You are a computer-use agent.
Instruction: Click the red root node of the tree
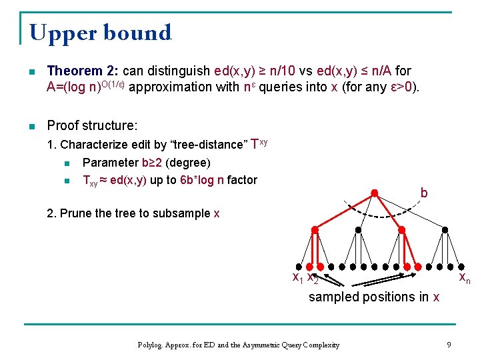[x=375, y=194]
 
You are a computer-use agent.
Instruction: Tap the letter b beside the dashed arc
[x=424, y=193]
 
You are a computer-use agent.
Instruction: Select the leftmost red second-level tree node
[x=314, y=229]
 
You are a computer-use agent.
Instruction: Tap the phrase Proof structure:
[x=92, y=125]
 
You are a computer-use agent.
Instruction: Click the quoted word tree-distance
[x=207, y=145]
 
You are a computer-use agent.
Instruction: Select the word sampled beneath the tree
[x=333, y=297]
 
